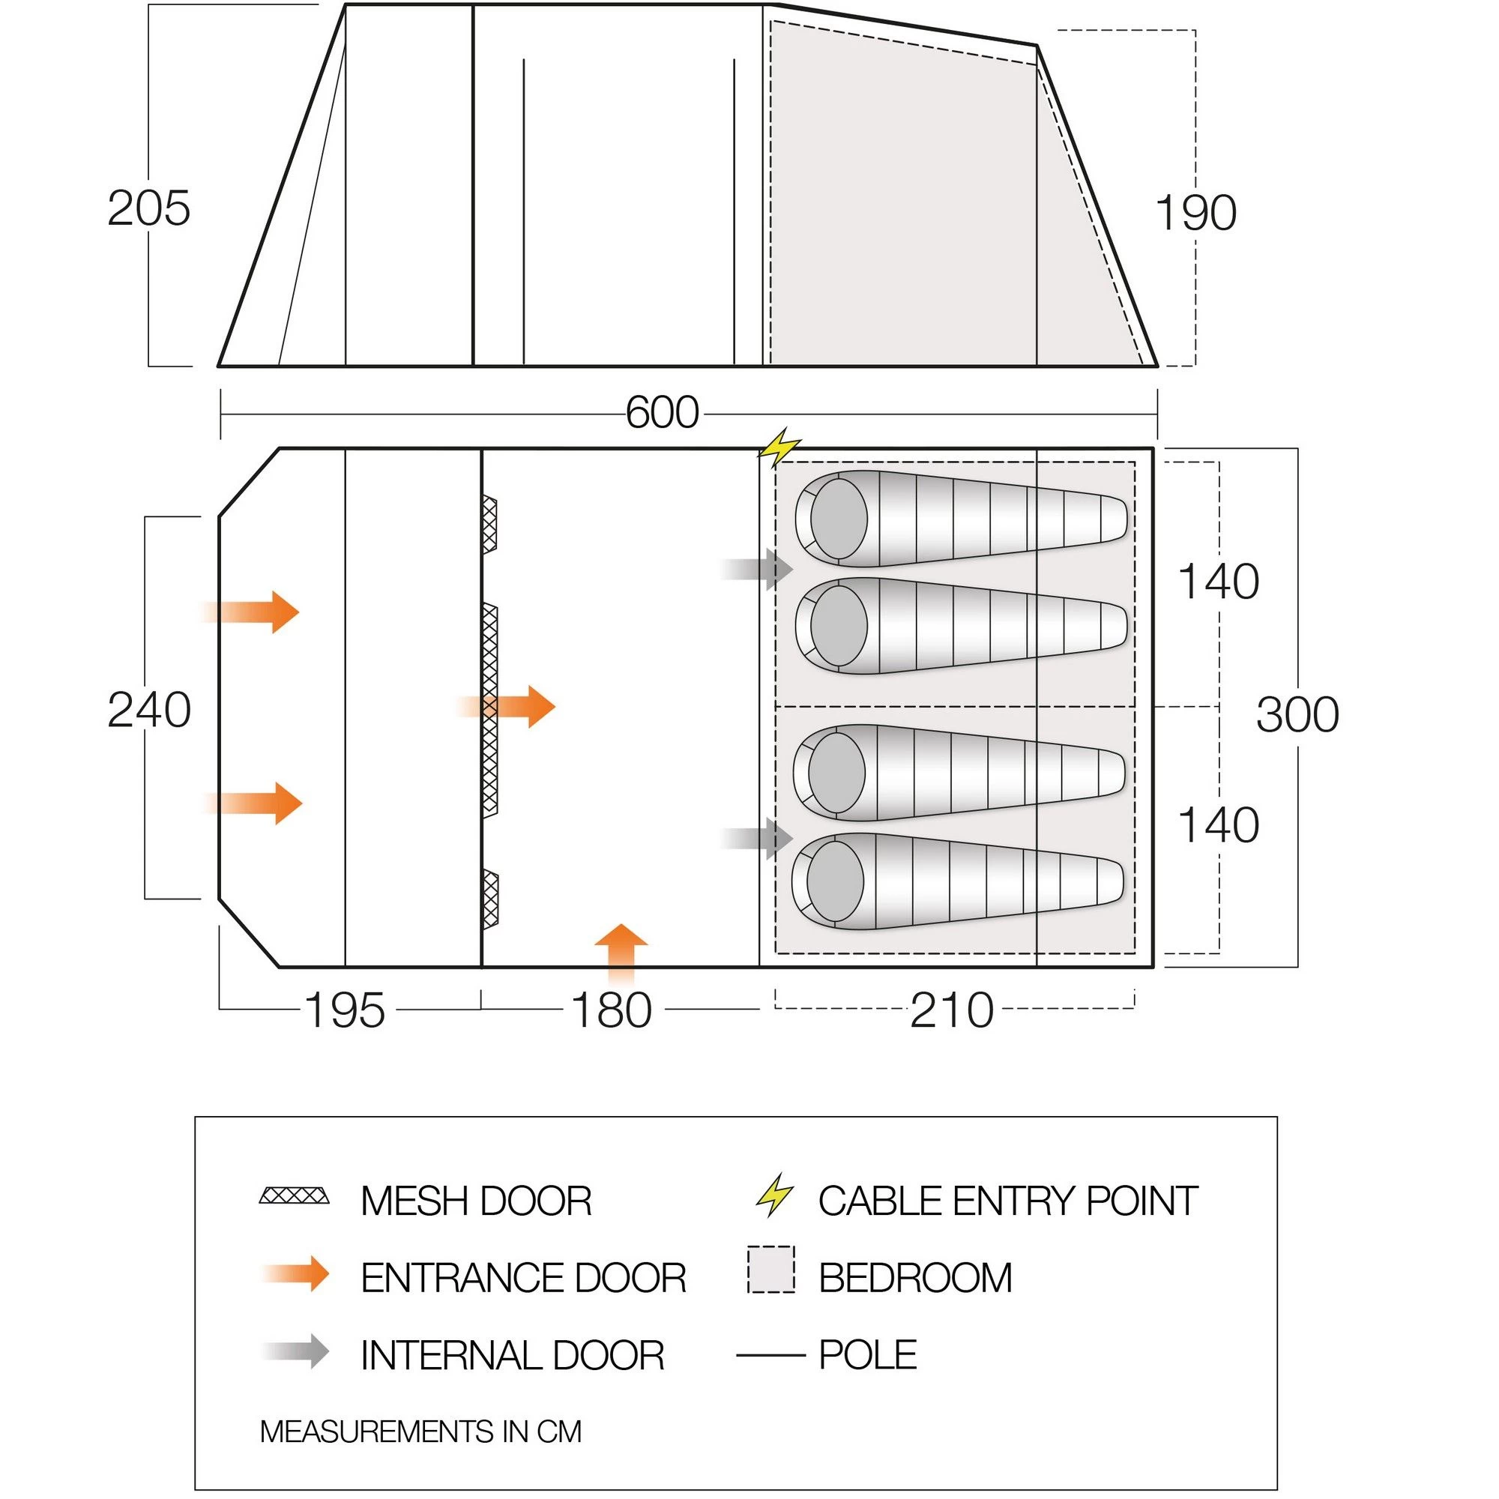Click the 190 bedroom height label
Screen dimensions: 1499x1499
(1195, 214)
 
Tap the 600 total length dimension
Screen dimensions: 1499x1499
(662, 413)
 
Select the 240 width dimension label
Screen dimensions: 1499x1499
(149, 710)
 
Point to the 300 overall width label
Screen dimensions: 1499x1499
(1297, 714)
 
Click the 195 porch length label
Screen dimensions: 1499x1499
(344, 1010)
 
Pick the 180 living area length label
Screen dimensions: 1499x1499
(611, 1010)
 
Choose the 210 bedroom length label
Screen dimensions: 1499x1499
(951, 1010)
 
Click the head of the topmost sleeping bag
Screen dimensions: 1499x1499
(838, 519)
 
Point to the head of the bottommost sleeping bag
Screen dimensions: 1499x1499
(835, 881)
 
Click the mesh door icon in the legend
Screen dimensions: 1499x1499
(294, 1195)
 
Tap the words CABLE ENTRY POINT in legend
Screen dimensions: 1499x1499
(1007, 1201)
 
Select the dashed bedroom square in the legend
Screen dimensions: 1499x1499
(770, 1270)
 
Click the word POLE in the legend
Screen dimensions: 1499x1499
(867, 1354)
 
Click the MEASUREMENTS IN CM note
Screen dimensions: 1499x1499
(420, 1432)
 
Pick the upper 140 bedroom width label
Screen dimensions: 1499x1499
(1217, 582)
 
